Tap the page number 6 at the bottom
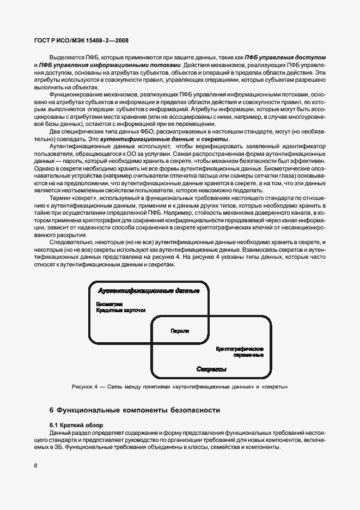(x=35, y=466)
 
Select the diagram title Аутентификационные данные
(x=148, y=291)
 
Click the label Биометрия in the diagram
(x=109, y=303)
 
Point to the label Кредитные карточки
(x=121, y=310)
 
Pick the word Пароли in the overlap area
(x=180, y=331)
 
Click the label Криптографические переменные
(x=240, y=351)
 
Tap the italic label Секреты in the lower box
(x=211, y=369)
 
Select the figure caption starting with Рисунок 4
(x=180, y=387)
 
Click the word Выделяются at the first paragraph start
(x=67, y=57)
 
